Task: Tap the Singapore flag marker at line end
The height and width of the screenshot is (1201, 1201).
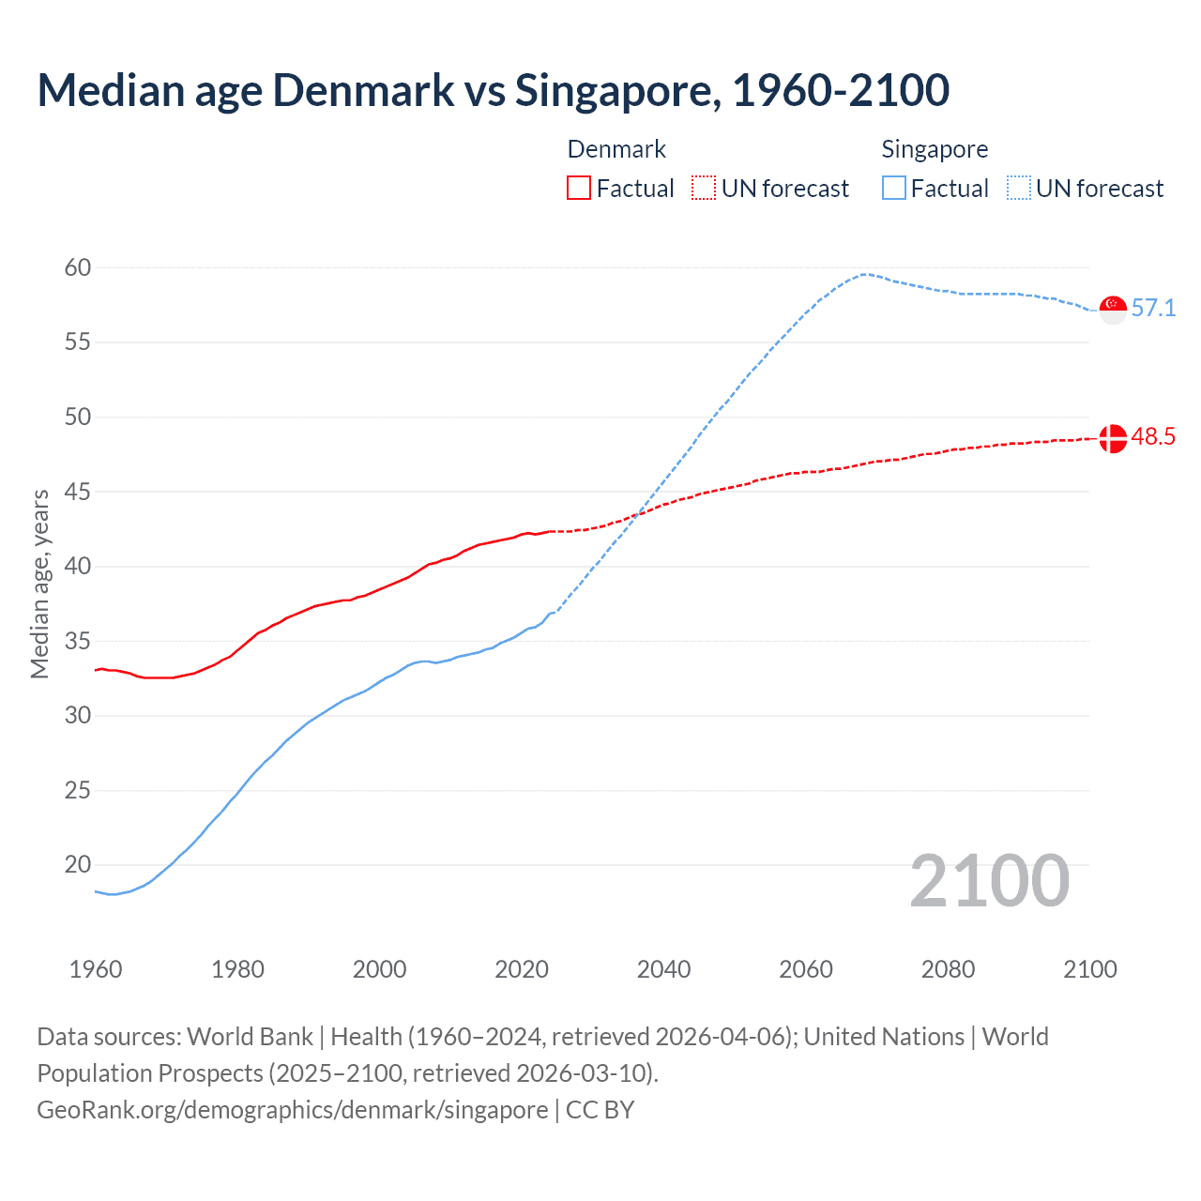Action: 1113,309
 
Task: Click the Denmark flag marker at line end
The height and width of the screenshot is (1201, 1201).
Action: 1113,438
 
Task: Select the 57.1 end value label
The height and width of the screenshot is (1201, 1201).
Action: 1153,309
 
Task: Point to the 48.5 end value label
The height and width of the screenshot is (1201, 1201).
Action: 1153,437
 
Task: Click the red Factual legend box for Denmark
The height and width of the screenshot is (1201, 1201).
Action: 579,189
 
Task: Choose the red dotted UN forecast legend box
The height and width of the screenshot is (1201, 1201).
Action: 704,189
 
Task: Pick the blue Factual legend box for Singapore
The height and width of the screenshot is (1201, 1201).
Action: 894,189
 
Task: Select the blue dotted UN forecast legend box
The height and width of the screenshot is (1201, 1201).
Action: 1018,189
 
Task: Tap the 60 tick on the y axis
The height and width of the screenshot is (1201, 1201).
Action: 78,268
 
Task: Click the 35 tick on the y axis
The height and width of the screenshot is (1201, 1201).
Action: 78,642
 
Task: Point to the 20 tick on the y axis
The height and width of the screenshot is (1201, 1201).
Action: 78,865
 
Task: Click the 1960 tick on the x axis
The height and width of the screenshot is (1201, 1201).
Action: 96,969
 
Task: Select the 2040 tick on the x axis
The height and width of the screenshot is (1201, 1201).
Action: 663,969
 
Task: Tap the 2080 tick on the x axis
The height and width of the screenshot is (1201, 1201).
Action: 948,969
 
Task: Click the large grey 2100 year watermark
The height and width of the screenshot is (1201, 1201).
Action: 989,881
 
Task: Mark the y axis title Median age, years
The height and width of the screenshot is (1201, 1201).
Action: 39,584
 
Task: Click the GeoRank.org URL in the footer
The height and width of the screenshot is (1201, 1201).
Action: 292,1110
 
